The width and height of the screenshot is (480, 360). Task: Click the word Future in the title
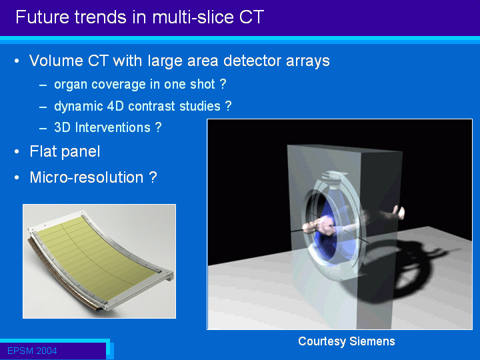pyautogui.click(x=41, y=17)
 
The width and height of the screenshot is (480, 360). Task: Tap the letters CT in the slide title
pyautogui.click(x=251, y=17)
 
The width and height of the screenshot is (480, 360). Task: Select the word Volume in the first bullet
pyautogui.click(x=56, y=61)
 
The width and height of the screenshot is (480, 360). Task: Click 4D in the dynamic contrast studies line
pyautogui.click(x=115, y=106)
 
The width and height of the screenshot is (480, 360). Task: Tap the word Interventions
pyautogui.click(x=113, y=127)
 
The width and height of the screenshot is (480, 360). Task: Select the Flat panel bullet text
pyautogui.click(x=65, y=151)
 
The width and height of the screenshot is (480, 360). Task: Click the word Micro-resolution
pyautogui.click(x=87, y=177)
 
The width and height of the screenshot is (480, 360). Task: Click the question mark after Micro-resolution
pyautogui.click(x=153, y=177)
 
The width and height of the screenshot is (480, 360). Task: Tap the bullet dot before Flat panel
pyautogui.click(x=17, y=151)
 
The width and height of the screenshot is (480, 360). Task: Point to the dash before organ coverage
pyautogui.click(x=43, y=85)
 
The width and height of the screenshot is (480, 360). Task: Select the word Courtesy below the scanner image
pyautogui.click(x=322, y=341)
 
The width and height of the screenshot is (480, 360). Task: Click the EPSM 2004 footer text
pyautogui.click(x=32, y=351)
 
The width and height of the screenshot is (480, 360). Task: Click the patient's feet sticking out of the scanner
pyautogui.click(x=399, y=212)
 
